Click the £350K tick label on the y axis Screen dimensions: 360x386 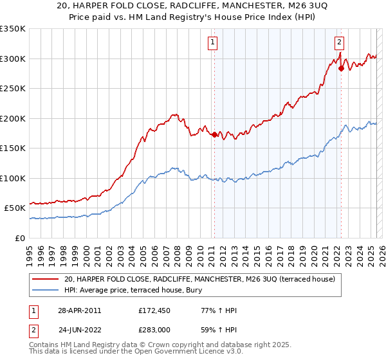click(x=13, y=29)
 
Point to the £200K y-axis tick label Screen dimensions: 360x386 click(x=13, y=118)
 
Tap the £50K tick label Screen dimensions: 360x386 click(x=15, y=208)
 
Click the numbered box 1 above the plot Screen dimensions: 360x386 click(x=213, y=43)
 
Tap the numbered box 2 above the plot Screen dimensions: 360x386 click(x=339, y=43)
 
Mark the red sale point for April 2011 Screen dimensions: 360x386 click(x=214, y=135)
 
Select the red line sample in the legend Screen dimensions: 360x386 click(x=46, y=280)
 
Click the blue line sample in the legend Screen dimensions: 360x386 click(x=46, y=291)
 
